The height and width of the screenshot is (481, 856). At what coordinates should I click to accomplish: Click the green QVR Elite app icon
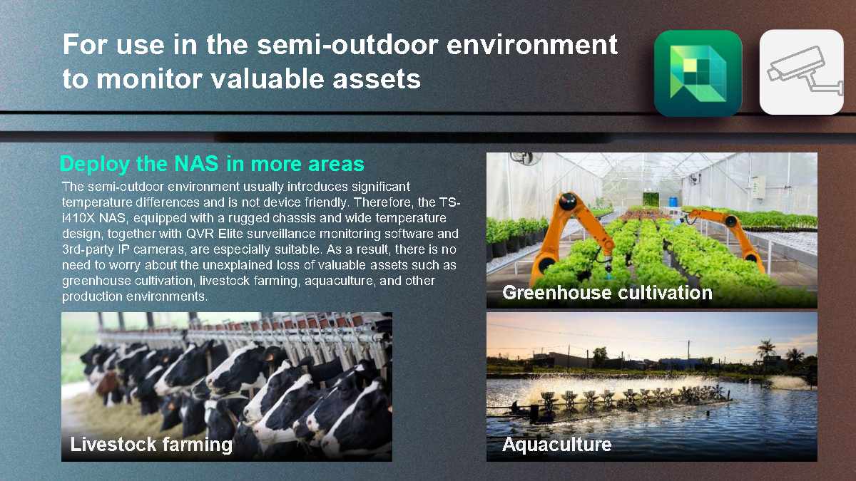click(x=698, y=73)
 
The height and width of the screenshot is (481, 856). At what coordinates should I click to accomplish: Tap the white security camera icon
click(x=801, y=72)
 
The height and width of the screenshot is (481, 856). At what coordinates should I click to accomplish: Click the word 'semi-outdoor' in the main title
click(x=347, y=45)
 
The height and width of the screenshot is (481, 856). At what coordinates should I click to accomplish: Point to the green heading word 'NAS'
click(x=196, y=163)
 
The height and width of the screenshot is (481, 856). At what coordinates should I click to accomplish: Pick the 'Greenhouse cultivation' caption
click(x=607, y=293)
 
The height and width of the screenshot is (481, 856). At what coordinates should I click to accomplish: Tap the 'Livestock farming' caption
click(x=151, y=445)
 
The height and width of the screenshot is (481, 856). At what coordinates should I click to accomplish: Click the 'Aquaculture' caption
click(x=557, y=445)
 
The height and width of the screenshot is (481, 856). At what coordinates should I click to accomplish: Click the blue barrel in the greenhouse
click(x=673, y=202)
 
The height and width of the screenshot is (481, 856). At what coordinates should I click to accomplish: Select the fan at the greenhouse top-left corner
click(x=526, y=157)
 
